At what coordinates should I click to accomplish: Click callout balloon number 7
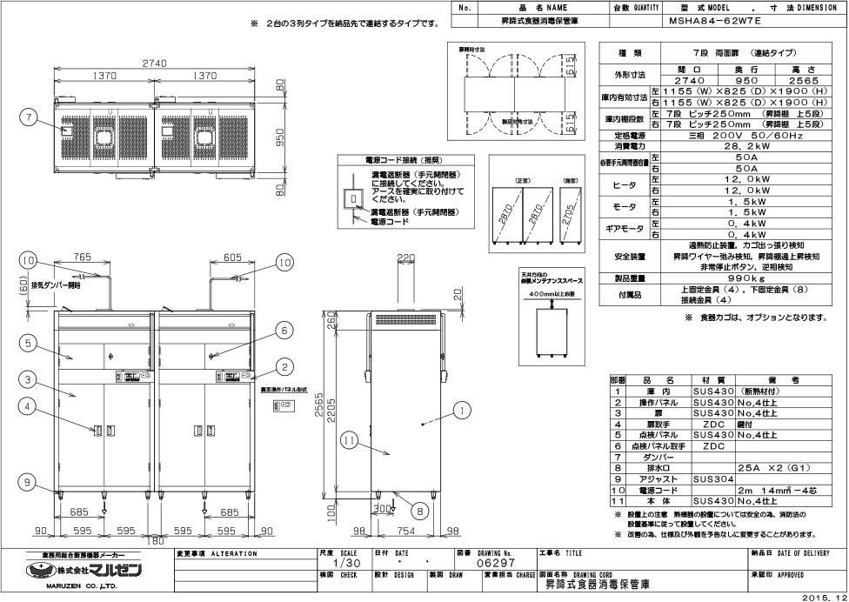click(30, 118)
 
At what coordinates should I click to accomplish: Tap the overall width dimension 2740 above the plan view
click(154, 63)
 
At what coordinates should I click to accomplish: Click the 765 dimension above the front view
click(83, 258)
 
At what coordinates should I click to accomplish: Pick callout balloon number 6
click(283, 330)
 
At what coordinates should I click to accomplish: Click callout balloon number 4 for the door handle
click(30, 405)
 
